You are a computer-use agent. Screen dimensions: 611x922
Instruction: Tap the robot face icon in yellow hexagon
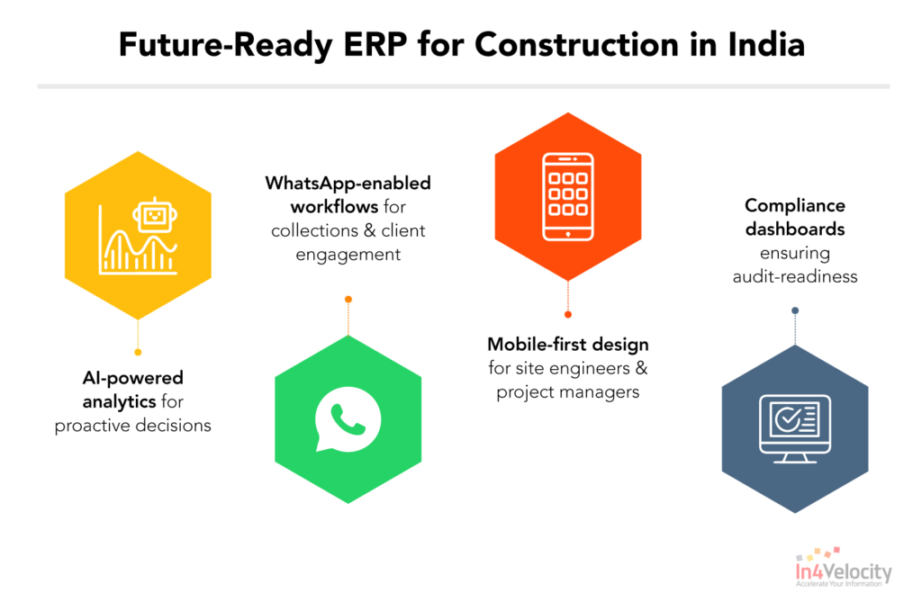pyautogui.click(x=151, y=217)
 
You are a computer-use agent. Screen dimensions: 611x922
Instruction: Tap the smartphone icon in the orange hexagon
pyautogui.click(x=567, y=197)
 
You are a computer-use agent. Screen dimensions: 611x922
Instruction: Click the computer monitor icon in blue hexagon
pyautogui.click(x=794, y=427)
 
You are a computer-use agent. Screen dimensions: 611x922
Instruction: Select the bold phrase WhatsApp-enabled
pyautogui.click(x=348, y=184)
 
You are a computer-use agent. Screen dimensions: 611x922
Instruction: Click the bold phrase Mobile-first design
pyautogui.click(x=567, y=345)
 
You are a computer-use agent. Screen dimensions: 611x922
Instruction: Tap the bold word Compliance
pyautogui.click(x=794, y=205)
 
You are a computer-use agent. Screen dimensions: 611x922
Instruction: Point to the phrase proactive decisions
pyautogui.click(x=132, y=426)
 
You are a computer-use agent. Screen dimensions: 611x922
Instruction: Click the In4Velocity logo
pyautogui.click(x=843, y=570)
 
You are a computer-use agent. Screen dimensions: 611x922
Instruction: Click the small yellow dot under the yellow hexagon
pyautogui.click(x=138, y=352)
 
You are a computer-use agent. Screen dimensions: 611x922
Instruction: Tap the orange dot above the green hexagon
pyautogui.click(x=348, y=299)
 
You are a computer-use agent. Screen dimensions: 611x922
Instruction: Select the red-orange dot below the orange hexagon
pyautogui.click(x=568, y=315)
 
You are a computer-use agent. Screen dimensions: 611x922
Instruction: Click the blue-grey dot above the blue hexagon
pyautogui.click(x=794, y=310)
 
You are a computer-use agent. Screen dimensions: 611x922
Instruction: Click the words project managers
pyautogui.click(x=567, y=392)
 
